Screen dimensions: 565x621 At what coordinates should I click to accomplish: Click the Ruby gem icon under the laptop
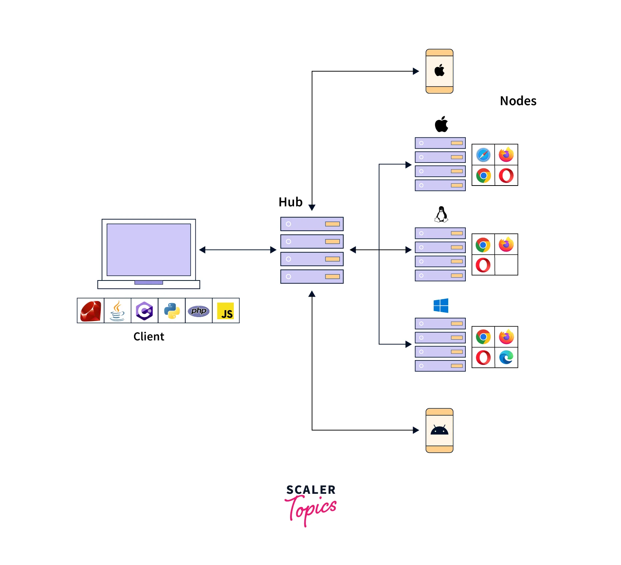point(91,311)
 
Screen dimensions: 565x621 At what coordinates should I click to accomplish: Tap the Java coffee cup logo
point(117,311)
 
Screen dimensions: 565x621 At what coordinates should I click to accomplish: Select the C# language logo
point(144,311)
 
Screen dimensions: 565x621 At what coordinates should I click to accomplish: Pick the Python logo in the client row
point(172,311)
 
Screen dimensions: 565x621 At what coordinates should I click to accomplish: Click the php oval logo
point(199,311)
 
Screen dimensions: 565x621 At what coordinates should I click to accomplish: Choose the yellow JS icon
point(226,311)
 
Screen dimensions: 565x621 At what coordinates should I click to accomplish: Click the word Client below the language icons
point(149,336)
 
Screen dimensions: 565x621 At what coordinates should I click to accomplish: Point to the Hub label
point(290,202)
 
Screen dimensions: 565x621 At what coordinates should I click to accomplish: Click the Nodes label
point(518,101)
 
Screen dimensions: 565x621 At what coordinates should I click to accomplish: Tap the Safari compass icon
point(483,155)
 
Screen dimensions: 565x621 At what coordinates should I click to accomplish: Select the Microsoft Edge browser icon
point(506,357)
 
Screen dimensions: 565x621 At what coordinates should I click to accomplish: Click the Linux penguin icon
point(441,214)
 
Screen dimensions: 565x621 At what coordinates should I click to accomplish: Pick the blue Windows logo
point(441,305)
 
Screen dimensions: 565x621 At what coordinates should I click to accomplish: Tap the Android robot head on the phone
point(439,430)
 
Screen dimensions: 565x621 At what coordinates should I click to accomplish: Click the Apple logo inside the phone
point(439,70)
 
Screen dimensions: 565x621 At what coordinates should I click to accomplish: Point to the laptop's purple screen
point(149,250)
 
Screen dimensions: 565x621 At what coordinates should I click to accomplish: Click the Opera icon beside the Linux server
point(483,265)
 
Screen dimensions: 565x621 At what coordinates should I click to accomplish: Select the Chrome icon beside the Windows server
point(483,337)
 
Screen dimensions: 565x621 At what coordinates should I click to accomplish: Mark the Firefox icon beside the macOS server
point(506,155)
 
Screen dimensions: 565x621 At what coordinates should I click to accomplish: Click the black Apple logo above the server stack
point(441,125)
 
